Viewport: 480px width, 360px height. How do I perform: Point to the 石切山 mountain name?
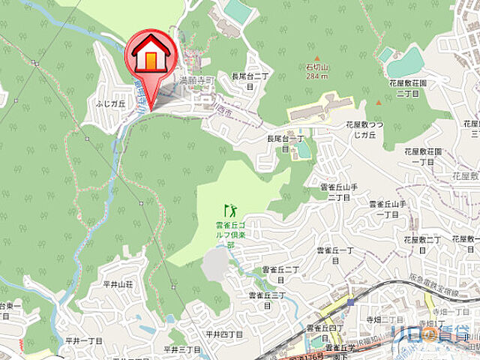tap(319, 67)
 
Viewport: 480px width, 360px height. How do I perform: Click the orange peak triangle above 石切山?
tap(318, 58)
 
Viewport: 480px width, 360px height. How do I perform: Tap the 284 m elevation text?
tap(319, 76)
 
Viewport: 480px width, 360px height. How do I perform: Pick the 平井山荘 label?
tap(118, 285)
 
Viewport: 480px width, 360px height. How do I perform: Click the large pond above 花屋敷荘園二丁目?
tap(406, 61)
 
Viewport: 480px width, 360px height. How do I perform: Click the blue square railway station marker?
tap(350, 302)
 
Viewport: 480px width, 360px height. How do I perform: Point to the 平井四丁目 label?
tap(223, 334)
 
